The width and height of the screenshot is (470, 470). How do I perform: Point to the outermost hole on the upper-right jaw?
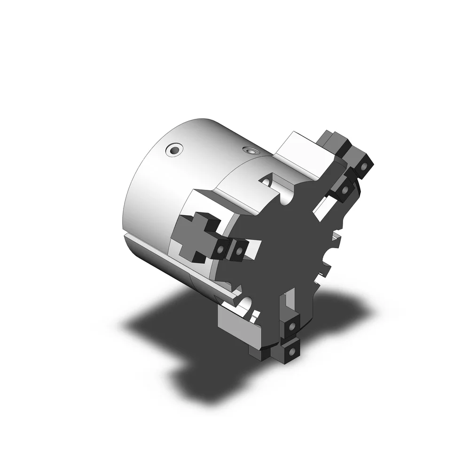point(365,166)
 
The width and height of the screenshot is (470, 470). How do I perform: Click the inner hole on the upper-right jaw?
point(345,190)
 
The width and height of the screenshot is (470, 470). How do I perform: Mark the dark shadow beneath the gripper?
point(188,348)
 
